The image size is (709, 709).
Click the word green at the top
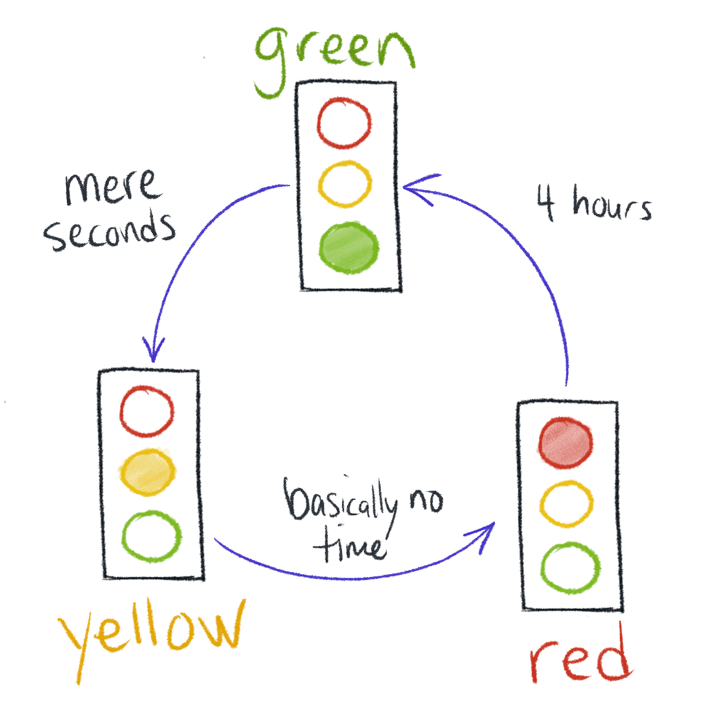[334, 53]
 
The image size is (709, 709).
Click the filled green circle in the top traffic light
[349, 248]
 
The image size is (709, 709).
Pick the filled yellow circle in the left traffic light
[147, 472]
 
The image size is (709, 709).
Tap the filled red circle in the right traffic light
[566, 442]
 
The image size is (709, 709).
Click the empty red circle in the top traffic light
[344, 123]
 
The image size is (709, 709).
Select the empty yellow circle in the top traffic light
[344, 184]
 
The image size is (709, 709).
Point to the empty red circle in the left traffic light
[147, 411]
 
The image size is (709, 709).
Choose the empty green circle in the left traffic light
[152, 535]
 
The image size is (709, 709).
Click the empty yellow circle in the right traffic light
[566, 503]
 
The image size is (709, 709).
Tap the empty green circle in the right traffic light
[570, 567]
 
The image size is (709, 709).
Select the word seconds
[110, 231]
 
